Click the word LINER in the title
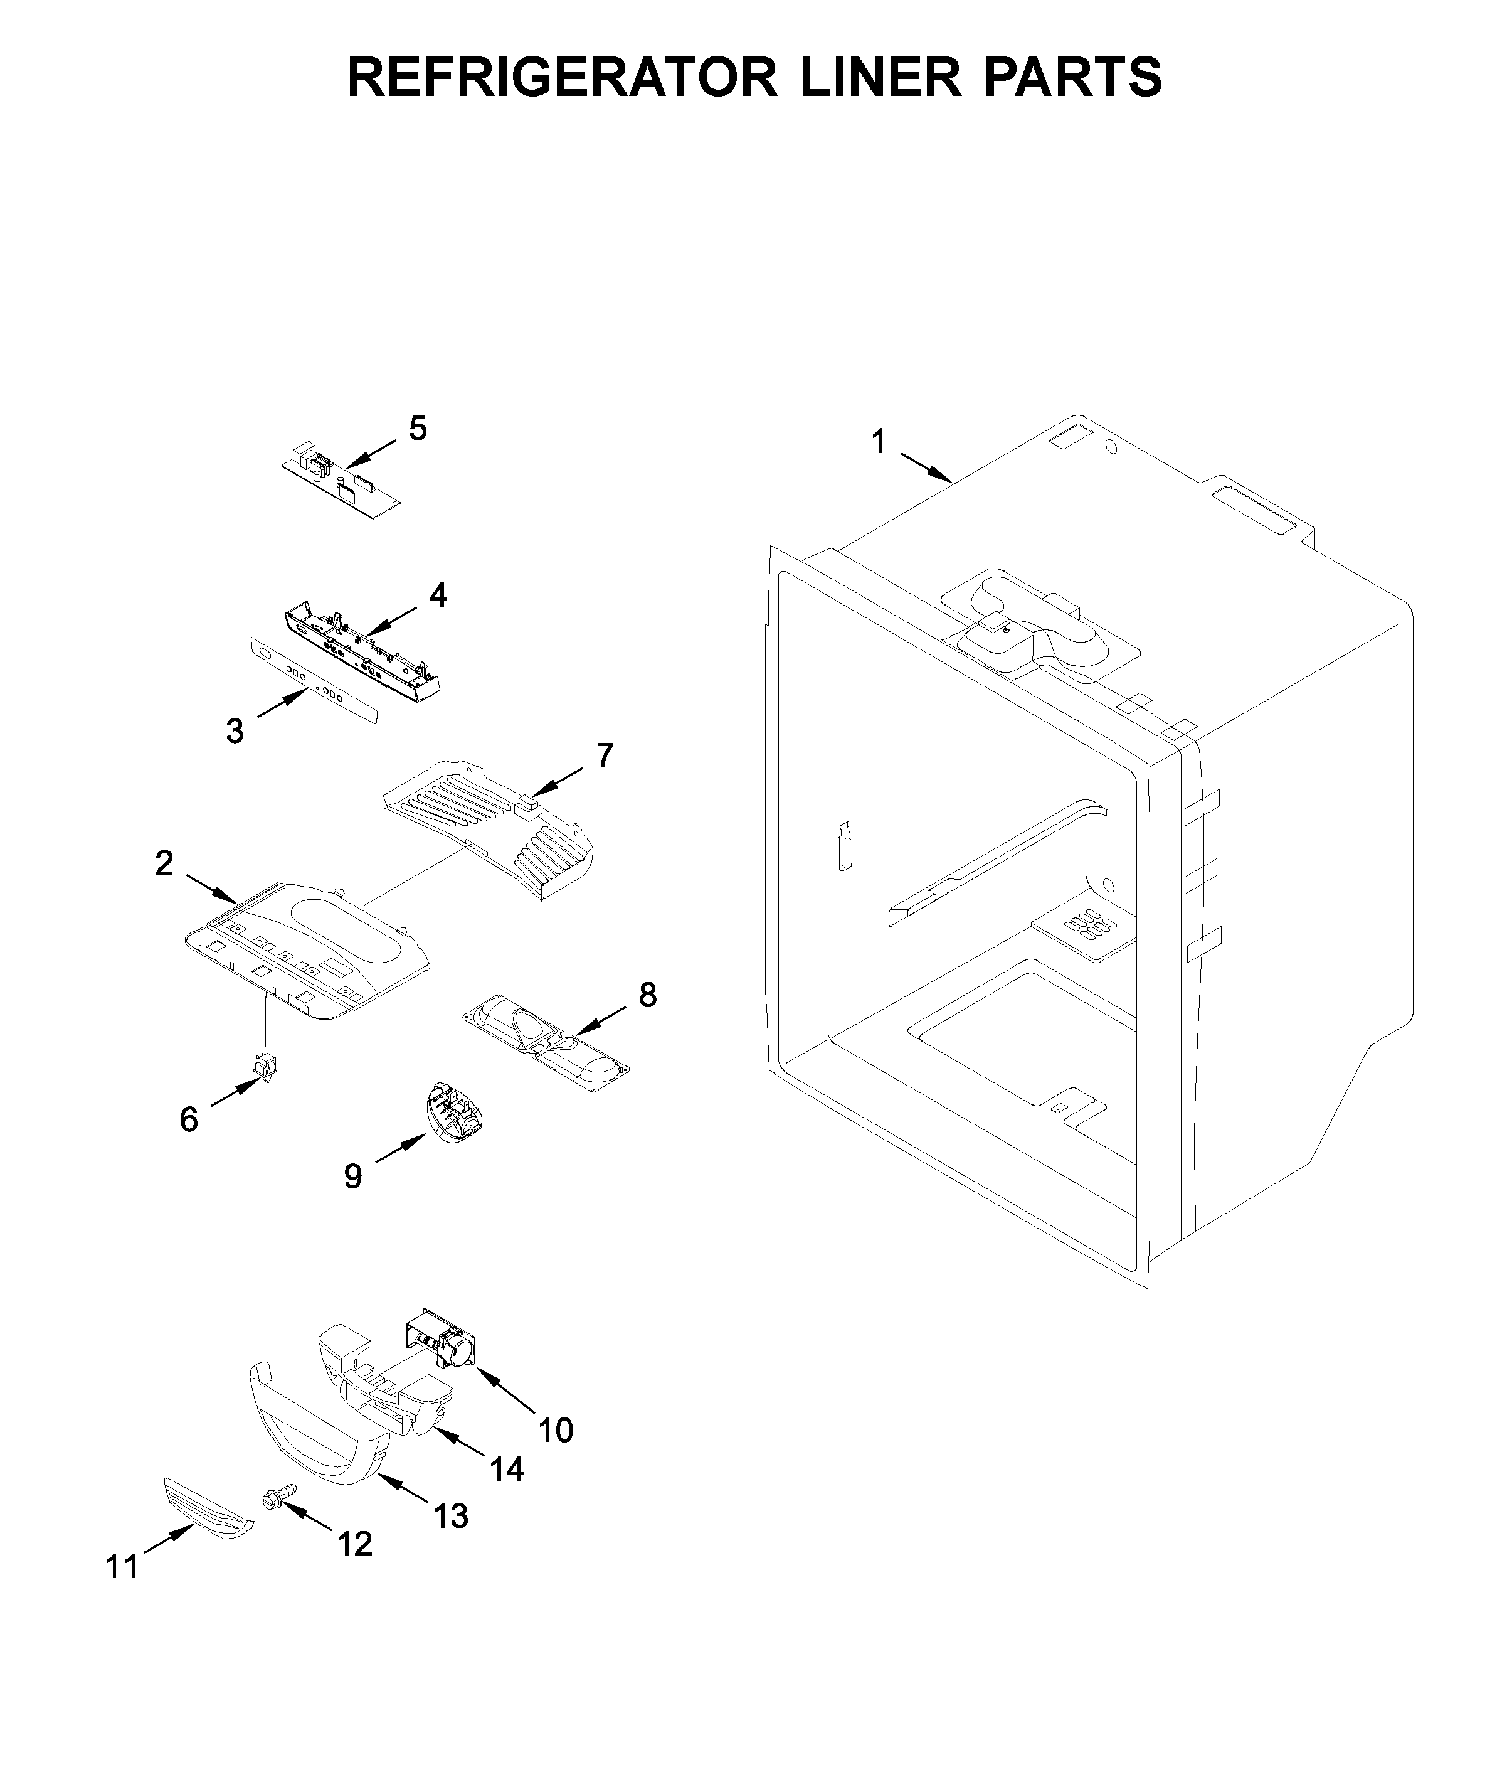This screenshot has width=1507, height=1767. coord(880,78)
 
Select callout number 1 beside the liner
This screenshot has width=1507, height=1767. coord(878,442)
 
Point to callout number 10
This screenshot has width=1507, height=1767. coord(555,1429)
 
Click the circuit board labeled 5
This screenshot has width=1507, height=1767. coord(341,482)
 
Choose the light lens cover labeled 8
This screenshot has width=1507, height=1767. coord(546,1042)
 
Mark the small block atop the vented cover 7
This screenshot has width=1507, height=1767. coord(529,806)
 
